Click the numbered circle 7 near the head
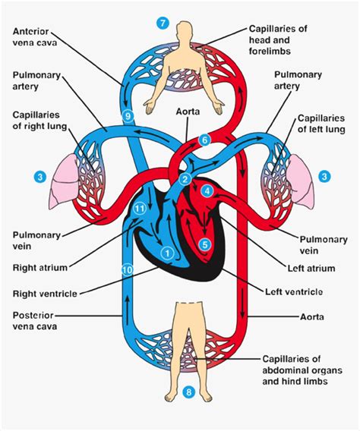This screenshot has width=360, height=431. tap(162, 22)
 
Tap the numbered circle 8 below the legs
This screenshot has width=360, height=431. tap(188, 392)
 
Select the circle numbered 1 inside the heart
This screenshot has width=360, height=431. tap(168, 252)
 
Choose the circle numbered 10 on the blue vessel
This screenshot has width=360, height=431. tap(128, 269)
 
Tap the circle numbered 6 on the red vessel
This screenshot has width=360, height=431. tap(204, 140)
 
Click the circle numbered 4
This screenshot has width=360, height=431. tap(207, 193)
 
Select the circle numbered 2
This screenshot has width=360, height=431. tap(185, 179)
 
